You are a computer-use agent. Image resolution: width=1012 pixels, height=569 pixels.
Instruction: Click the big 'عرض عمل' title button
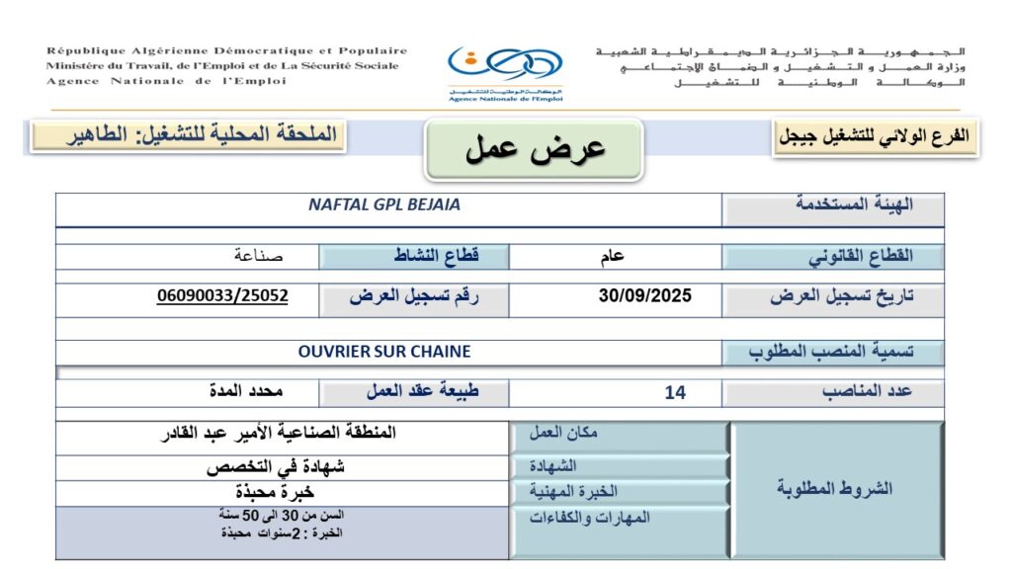[535, 149]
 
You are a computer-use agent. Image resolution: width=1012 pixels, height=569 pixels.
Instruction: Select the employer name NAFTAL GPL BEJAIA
[384, 205]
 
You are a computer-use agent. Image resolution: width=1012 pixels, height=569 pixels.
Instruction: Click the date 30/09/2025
[645, 295]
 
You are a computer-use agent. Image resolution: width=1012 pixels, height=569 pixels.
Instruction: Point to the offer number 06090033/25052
[222, 295]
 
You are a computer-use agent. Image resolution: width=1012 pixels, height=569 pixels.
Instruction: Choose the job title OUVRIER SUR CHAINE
[384, 351]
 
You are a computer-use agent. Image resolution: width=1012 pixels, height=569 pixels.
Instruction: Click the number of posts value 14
[675, 392]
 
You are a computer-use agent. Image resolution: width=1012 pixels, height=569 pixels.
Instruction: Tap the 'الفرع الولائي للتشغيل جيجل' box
[875, 137]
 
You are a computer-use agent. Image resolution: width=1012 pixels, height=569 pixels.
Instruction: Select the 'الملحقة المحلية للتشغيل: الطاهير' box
[188, 135]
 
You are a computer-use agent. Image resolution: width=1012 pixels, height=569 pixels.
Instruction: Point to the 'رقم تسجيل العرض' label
[413, 295]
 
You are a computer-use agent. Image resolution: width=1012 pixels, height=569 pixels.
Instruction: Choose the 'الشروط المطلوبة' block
[835, 489]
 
